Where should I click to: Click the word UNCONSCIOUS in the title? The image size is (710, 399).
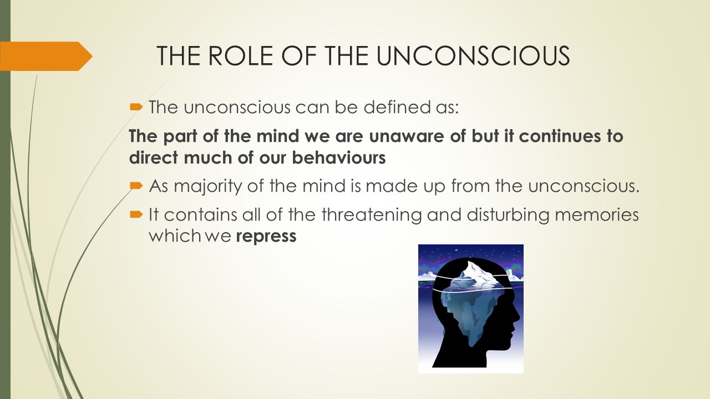tap(473, 56)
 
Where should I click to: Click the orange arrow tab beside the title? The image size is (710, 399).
tap(46, 56)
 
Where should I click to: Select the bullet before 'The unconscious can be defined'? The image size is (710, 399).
tap(136, 108)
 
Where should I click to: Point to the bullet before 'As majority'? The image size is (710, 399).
tap(136, 186)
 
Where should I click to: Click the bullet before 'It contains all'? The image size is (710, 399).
tap(136, 215)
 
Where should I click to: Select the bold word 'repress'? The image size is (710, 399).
tap(266, 237)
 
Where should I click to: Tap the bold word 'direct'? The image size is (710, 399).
tap(154, 157)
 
